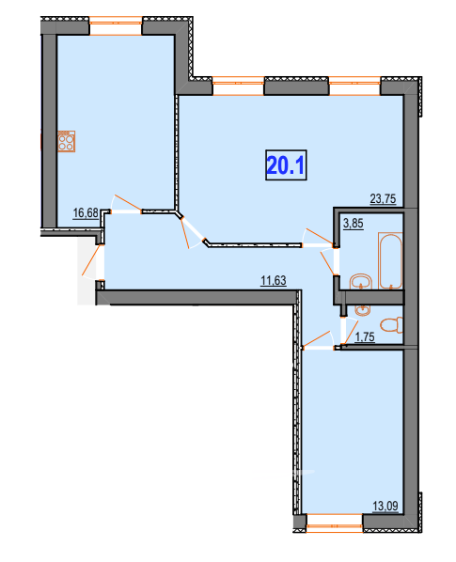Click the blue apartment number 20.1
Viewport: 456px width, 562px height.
287,166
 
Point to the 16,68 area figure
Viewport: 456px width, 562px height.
86,213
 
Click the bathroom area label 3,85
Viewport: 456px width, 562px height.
353,224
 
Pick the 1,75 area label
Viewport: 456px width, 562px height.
365,336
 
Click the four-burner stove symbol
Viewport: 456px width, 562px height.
67,142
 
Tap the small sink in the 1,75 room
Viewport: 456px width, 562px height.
363,308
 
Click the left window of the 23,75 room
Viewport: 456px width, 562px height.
238,86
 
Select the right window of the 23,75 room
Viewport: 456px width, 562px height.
354,86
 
